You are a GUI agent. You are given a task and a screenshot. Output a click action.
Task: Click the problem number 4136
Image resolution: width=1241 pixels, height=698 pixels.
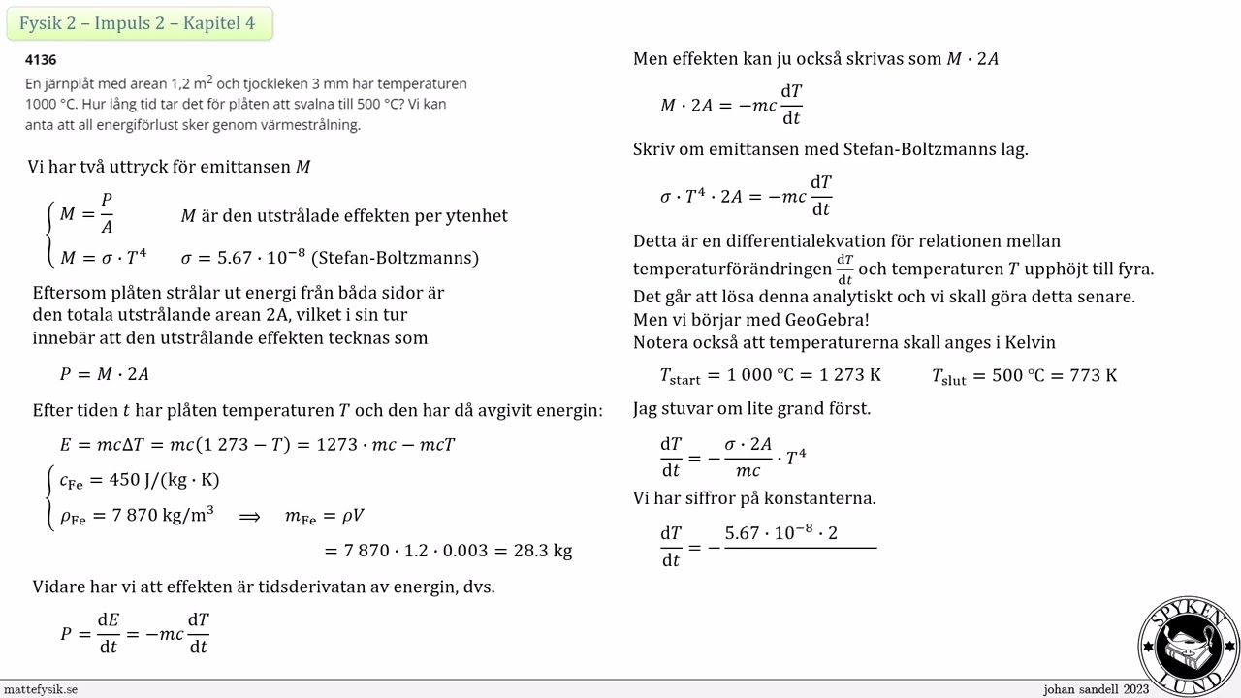tap(41, 60)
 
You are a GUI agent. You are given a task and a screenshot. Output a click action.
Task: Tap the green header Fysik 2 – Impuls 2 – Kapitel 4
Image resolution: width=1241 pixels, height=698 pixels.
tap(138, 23)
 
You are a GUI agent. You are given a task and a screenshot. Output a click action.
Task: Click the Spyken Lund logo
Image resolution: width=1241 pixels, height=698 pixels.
tap(1189, 645)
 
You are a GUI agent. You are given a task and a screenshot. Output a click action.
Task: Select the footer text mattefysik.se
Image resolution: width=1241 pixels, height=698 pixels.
tap(41, 689)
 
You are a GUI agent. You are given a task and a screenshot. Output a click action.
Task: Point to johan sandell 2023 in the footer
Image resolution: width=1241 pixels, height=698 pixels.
tap(1096, 689)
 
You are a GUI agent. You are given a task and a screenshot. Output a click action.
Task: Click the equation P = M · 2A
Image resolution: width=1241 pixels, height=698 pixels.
tap(105, 374)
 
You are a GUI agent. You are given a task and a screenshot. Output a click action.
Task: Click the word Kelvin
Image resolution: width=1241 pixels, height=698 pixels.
tap(1027, 342)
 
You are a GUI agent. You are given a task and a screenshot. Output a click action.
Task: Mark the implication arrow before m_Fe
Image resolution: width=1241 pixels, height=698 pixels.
tap(249, 516)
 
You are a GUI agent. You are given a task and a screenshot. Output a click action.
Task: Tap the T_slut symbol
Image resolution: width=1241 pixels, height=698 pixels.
tap(948, 376)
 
